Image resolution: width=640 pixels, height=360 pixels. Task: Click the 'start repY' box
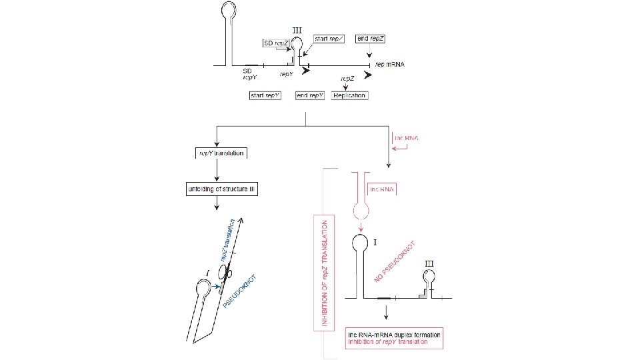(265, 95)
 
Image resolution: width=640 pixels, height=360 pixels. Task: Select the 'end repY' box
(310, 95)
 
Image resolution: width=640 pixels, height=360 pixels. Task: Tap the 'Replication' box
(349, 95)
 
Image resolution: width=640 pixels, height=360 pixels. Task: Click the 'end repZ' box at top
(371, 39)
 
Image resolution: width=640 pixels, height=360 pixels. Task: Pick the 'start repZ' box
(329, 39)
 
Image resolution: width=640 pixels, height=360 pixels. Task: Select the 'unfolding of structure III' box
(221, 190)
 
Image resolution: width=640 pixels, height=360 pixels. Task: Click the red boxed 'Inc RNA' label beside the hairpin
(383, 189)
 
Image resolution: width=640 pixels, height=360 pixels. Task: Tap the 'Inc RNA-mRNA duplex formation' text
(395, 334)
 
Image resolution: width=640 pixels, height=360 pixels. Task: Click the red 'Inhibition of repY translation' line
(387, 341)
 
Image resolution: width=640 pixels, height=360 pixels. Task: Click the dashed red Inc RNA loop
(360, 211)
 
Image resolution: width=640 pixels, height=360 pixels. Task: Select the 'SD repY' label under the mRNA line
(248, 73)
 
